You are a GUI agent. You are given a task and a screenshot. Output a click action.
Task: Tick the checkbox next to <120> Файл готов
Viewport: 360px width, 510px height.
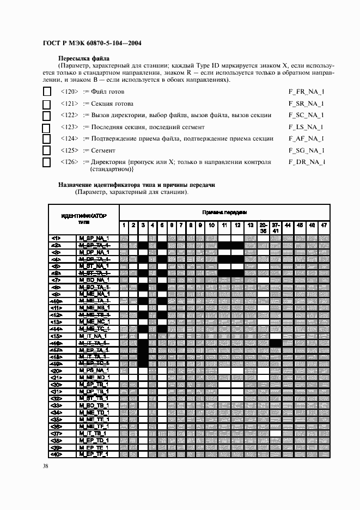click(47, 92)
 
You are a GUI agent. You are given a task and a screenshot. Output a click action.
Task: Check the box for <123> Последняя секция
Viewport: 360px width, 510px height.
click(47, 127)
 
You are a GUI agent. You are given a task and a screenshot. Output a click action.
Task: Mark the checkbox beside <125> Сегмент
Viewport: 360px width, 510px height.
click(47, 150)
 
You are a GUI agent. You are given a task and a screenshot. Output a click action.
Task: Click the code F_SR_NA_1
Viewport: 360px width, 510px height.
click(306, 104)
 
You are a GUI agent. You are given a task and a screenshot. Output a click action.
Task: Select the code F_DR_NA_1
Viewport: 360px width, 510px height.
click(307, 162)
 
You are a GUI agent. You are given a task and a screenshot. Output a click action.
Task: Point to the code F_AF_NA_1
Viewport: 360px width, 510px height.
click(306, 138)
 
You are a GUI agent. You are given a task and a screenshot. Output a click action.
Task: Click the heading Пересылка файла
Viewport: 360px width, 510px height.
click(84, 58)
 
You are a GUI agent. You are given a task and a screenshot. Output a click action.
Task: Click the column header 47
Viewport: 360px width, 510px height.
click(324, 224)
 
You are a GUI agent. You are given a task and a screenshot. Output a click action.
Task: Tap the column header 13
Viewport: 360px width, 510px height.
click(250, 224)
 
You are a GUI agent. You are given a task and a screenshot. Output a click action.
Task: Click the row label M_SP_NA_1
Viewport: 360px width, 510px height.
click(94, 238)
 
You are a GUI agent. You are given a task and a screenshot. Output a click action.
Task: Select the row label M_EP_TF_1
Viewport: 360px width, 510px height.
click(94, 454)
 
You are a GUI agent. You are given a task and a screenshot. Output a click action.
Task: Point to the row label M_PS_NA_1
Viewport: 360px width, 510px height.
click(94, 370)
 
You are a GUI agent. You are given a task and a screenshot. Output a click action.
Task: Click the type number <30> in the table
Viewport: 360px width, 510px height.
click(56, 384)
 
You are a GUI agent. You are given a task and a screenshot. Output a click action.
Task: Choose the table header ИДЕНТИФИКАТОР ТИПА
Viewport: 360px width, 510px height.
click(84, 219)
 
